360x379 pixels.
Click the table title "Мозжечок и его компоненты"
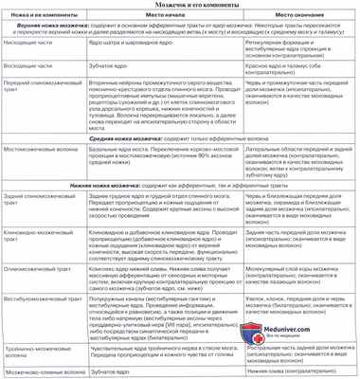180,7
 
